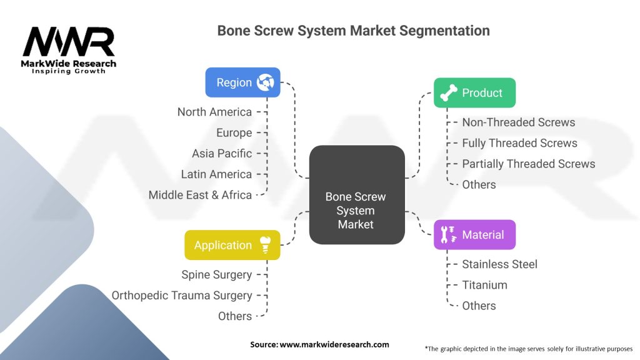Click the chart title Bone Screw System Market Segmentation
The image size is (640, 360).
[x=353, y=30]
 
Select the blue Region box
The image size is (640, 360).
[x=242, y=82]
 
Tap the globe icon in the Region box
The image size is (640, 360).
[x=266, y=82]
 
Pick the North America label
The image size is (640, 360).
[x=214, y=112]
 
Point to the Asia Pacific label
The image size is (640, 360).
[x=222, y=153]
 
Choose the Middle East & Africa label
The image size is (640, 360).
[x=200, y=195]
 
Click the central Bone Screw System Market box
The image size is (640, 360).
[x=356, y=210]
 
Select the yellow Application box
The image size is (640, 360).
[x=232, y=245]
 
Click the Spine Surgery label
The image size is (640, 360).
[x=216, y=274]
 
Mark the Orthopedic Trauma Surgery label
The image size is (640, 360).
[x=182, y=295]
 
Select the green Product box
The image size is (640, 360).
[x=474, y=93]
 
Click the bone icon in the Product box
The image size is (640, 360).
[x=449, y=93]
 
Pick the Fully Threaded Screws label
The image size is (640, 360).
[x=519, y=143]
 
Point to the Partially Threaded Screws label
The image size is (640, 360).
[x=528, y=164]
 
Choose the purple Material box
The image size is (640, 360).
[x=474, y=235]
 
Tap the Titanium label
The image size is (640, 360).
[x=484, y=285]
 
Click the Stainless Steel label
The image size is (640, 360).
[x=499, y=264]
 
